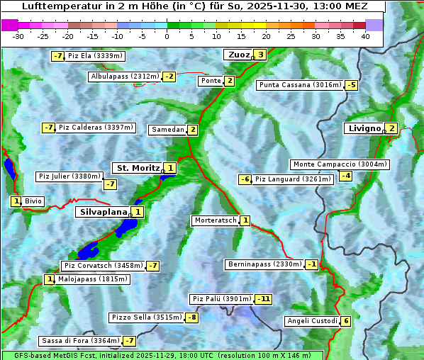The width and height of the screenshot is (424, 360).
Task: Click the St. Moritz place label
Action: click(138, 168)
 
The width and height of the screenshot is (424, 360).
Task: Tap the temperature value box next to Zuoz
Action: click(261, 55)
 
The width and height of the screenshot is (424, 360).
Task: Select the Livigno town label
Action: click(364, 128)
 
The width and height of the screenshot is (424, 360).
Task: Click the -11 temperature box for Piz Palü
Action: click(263, 299)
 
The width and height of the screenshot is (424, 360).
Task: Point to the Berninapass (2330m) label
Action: click(264, 264)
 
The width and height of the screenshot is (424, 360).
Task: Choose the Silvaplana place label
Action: click(104, 211)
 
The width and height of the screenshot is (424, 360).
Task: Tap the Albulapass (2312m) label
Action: click(124, 77)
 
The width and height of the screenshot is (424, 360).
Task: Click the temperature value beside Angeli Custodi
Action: click(345, 321)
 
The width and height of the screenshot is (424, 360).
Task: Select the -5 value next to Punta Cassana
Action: click(351, 86)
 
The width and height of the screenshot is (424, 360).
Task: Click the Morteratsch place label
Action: click(216, 220)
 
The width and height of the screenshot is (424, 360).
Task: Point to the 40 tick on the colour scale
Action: click(365, 35)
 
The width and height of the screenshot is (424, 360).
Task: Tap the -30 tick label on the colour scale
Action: click(18, 35)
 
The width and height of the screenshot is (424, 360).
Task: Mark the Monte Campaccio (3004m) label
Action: click(340, 164)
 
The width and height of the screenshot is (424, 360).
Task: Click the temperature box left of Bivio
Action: click(16, 201)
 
